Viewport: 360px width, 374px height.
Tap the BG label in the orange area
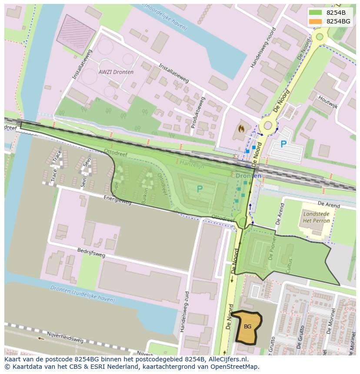tap(247, 327)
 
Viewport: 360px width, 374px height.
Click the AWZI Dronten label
tap(116, 72)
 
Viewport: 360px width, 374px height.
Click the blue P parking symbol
tap(283, 144)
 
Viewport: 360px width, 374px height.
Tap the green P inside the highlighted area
tap(200, 189)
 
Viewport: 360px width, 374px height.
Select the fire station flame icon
tap(241, 129)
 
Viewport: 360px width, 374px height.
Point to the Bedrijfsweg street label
tap(91, 253)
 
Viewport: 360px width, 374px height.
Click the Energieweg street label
tap(117, 200)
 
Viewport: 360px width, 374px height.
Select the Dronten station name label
tap(248, 176)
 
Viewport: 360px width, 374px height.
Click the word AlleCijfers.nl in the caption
tap(226, 359)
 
